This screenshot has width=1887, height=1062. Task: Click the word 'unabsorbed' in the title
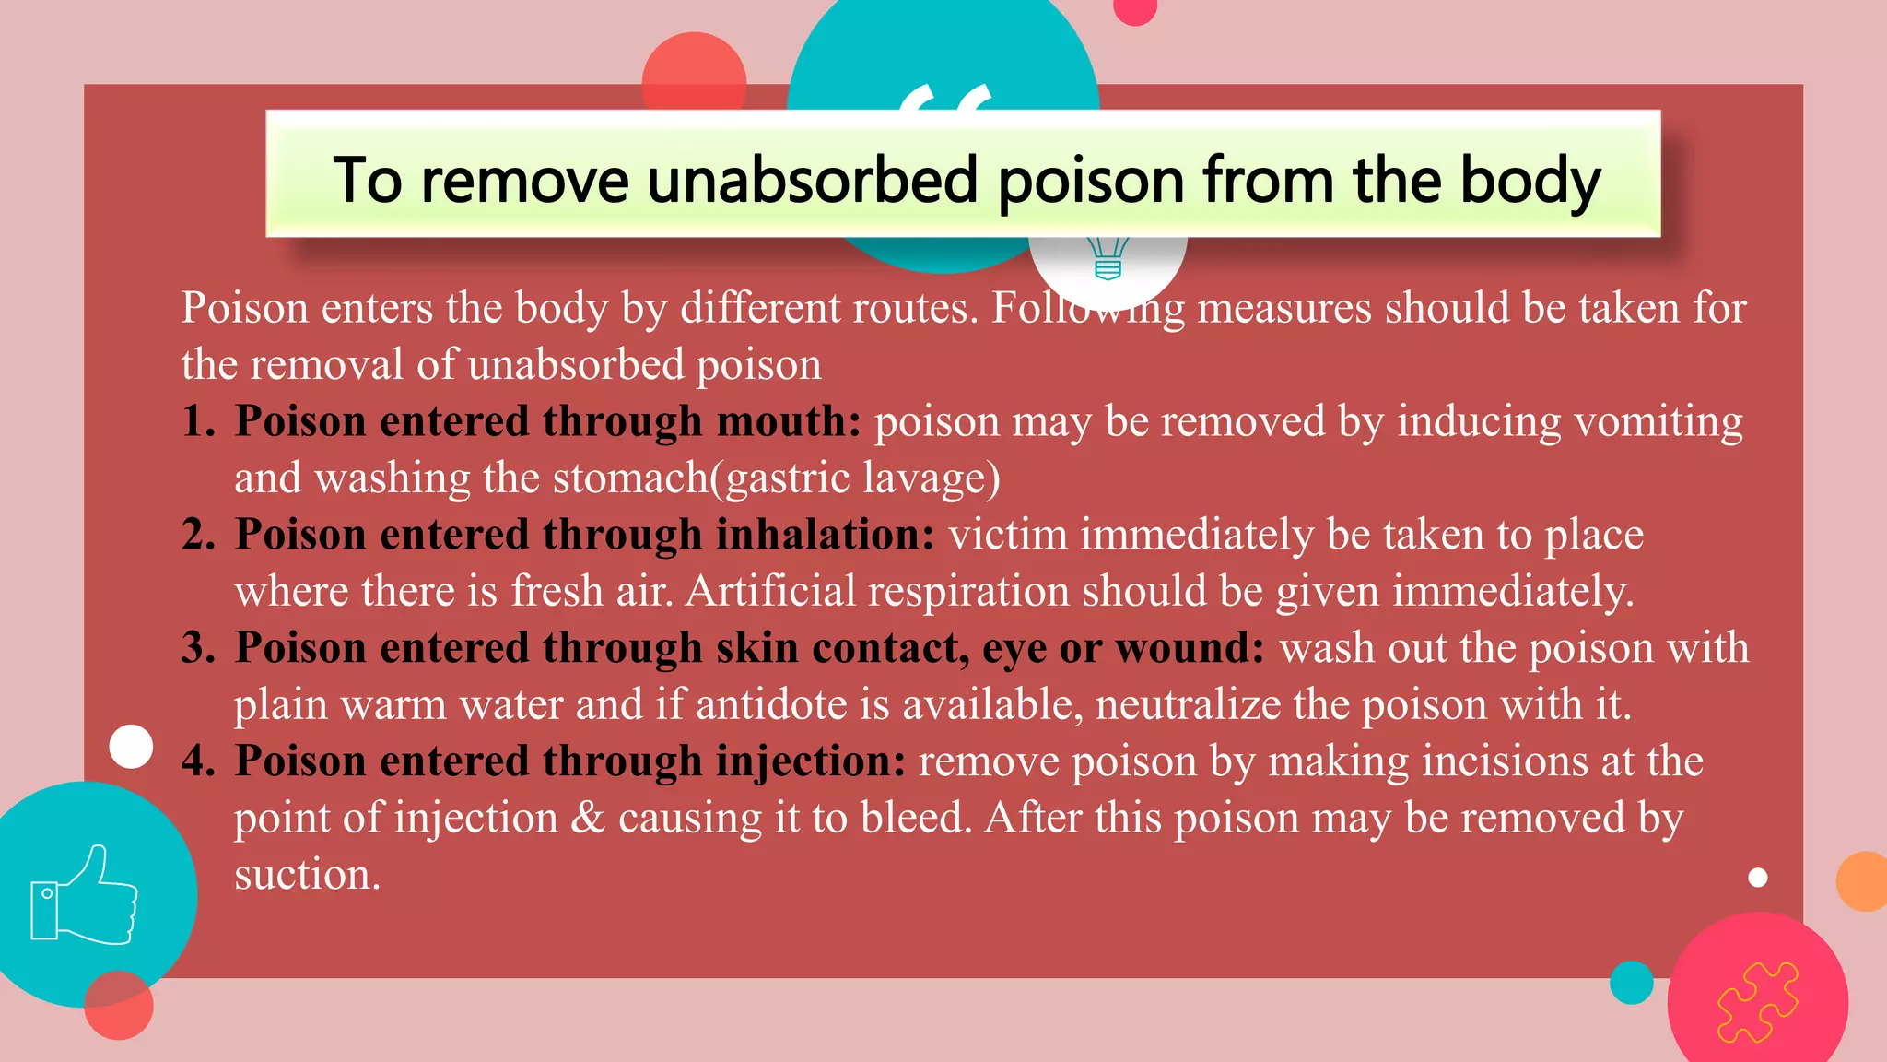pos(812,180)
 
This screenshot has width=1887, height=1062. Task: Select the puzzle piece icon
pos(1757,1002)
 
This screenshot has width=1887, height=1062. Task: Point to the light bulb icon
pos(1108,258)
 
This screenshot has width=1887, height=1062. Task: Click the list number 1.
pos(196,421)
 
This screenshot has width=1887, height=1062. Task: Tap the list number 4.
pos(196,761)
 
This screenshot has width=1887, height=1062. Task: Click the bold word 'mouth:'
pos(789,421)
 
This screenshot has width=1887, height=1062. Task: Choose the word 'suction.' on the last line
pos(307,875)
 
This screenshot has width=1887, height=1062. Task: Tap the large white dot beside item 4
pos(131,746)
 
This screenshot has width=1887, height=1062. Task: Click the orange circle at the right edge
pos(1863,881)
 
